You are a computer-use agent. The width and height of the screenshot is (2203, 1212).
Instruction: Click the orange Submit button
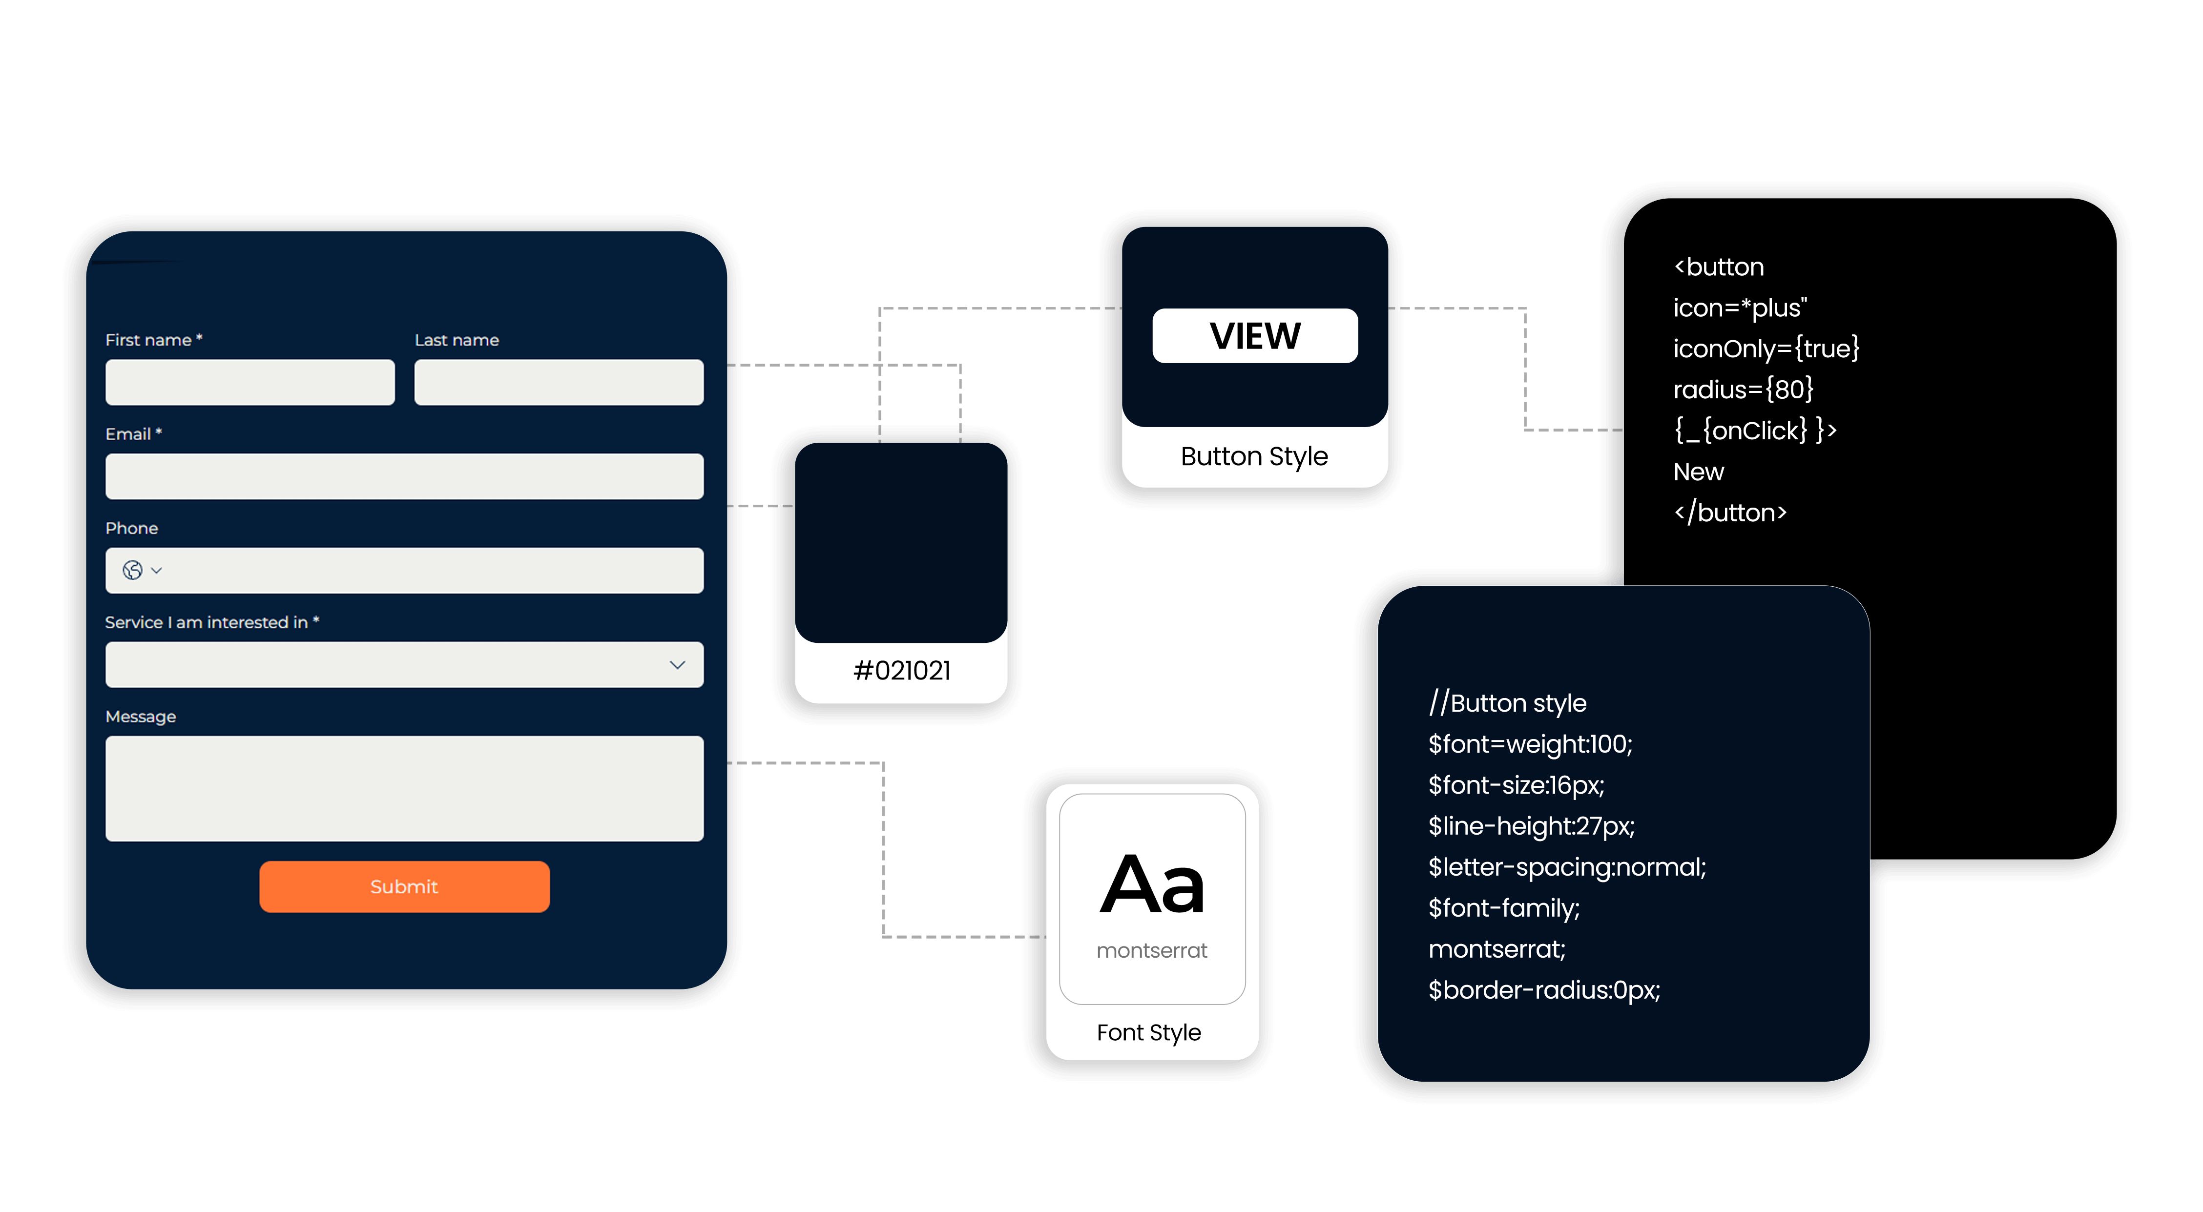tap(404, 886)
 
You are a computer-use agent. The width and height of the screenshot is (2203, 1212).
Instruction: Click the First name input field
tap(249, 382)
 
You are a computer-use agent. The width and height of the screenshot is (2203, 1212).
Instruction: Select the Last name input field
tap(559, 382)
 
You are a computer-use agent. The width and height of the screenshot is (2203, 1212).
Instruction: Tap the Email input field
tap(404, 476)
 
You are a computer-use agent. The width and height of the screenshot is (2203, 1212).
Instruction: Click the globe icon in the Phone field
tap(132, 570)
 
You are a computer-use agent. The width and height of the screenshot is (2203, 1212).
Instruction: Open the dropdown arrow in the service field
tap(677, 665)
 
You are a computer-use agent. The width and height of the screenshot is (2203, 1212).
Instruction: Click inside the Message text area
tap(404, 788)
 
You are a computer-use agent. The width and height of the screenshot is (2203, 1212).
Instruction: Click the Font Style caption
tap(1148, 1032)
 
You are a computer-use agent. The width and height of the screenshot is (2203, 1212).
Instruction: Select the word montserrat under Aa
tap(1152, 950)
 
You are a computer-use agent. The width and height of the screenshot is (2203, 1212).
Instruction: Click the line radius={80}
tap(1743, 390)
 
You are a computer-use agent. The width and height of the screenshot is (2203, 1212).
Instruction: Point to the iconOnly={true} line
tap(1766, 349)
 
